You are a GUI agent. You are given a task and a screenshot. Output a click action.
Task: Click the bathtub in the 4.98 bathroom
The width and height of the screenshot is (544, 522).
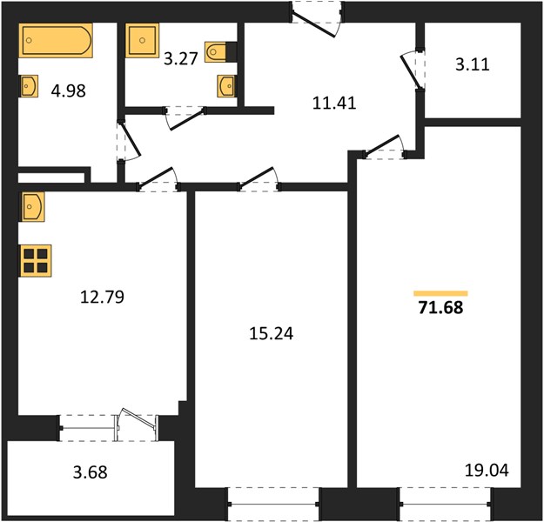[x=56, y=40]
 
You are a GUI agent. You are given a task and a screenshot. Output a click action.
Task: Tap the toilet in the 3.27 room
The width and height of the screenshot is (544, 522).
[x=217, y=52]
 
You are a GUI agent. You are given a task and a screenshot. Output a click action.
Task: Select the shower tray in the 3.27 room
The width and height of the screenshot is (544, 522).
[x=142, y=40]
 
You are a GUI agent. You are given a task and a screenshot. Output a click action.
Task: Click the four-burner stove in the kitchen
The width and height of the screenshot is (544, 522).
[x=36, y=260]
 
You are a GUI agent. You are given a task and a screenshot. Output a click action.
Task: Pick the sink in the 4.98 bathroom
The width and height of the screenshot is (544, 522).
[x=29, y=86]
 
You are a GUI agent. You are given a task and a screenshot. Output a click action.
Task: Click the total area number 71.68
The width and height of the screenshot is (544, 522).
[x=440, y=307]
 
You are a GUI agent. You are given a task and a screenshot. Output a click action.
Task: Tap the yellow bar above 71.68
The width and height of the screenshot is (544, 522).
[x=440, y=293]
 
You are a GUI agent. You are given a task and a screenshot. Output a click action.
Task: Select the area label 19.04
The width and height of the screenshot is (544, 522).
[x=487, y=471]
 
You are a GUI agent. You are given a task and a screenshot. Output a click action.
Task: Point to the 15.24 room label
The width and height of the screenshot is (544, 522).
[x=272, y=333]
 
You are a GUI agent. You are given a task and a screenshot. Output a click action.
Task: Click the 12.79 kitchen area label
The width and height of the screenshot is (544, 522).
[x=102, y=297]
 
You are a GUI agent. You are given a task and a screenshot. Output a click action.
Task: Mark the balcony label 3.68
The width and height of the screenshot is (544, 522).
[x=91, y=472]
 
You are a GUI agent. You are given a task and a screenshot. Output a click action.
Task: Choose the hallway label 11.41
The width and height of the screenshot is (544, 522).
[x=334, y=103]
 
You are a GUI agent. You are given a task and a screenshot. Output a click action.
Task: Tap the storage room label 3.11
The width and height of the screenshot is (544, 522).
[x=472, y=64]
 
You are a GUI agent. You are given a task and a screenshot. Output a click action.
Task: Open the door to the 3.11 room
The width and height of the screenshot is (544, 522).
[x=412, y=70]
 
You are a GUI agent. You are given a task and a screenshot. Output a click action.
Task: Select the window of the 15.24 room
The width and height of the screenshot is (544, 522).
[x=273, y=504]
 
